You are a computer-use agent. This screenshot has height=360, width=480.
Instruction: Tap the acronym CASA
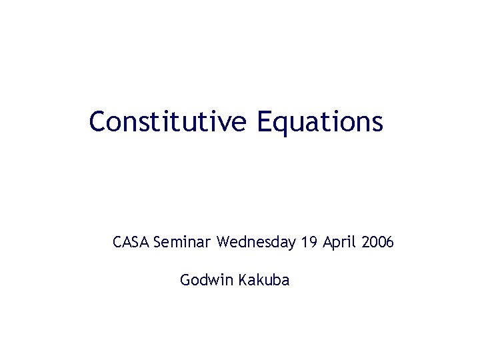131,242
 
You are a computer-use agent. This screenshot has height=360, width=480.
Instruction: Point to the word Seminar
183,242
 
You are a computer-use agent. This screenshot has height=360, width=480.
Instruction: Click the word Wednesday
256,242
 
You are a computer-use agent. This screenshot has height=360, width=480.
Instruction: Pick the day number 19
309,242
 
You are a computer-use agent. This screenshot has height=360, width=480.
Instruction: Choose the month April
340,242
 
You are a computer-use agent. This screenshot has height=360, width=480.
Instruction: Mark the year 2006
377,242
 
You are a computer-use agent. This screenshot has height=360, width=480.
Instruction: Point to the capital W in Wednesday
224,242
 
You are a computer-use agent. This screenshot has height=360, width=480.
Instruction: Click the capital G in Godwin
185,280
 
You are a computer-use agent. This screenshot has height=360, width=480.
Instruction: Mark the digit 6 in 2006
390,242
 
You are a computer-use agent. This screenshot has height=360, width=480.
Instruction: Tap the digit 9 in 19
313,242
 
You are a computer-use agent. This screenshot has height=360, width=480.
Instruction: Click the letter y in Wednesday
291,244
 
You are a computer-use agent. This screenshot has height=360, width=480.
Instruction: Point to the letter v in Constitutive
223,124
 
